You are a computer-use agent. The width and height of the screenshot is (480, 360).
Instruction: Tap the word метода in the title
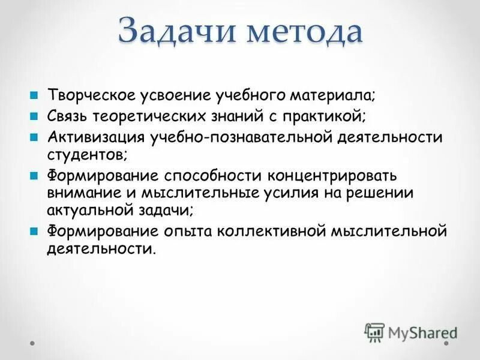tap(301, 31)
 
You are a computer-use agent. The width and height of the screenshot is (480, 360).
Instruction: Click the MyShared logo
tap(411, 332)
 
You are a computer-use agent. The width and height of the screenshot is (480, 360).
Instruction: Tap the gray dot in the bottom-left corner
tap(33, 343)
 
